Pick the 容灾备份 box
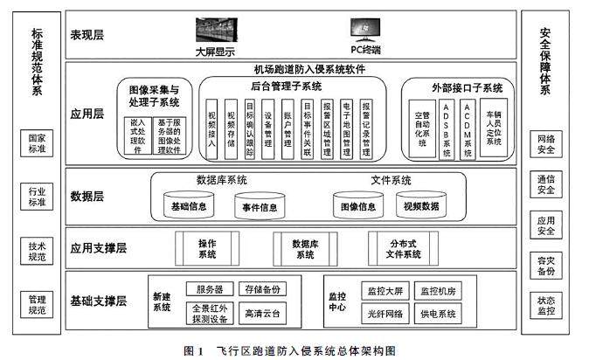547,266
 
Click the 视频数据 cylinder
421,207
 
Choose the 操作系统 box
207,248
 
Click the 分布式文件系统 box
403,248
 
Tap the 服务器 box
210,289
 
